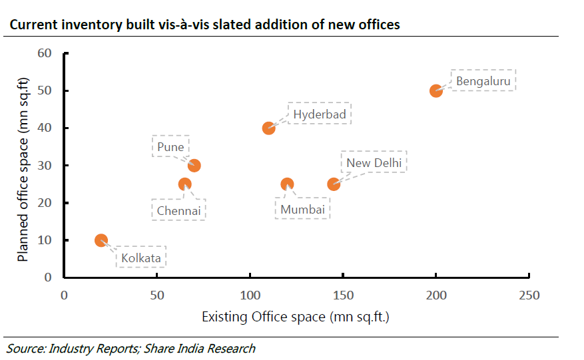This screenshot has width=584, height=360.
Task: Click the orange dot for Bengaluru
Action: (436, 90)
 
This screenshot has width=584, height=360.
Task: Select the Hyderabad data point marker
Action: (268, 128)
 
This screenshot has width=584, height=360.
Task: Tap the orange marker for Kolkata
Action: (101, 240)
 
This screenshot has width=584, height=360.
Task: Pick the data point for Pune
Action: (194, 166)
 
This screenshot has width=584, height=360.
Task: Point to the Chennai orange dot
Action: (185, 184)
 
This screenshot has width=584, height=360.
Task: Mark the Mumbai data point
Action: (287, 184)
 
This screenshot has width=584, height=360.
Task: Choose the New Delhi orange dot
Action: (334, 184)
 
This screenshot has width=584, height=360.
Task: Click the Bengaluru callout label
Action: (483, 81)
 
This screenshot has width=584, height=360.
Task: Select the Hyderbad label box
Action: (320, 114)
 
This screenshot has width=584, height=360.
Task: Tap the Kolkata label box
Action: (141, 258)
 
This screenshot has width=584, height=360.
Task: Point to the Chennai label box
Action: (178, 210)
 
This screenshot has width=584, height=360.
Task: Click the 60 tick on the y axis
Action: (45, 53)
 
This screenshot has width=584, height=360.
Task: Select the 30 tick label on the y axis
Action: (45, 166)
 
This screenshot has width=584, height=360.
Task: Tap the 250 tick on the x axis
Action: (529, 295)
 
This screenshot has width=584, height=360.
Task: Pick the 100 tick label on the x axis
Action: (250, 295)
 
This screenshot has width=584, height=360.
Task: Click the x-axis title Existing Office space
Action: (295, 317)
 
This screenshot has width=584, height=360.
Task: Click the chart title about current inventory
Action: (204, 25)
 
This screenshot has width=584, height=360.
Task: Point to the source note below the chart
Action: (131, 348)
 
